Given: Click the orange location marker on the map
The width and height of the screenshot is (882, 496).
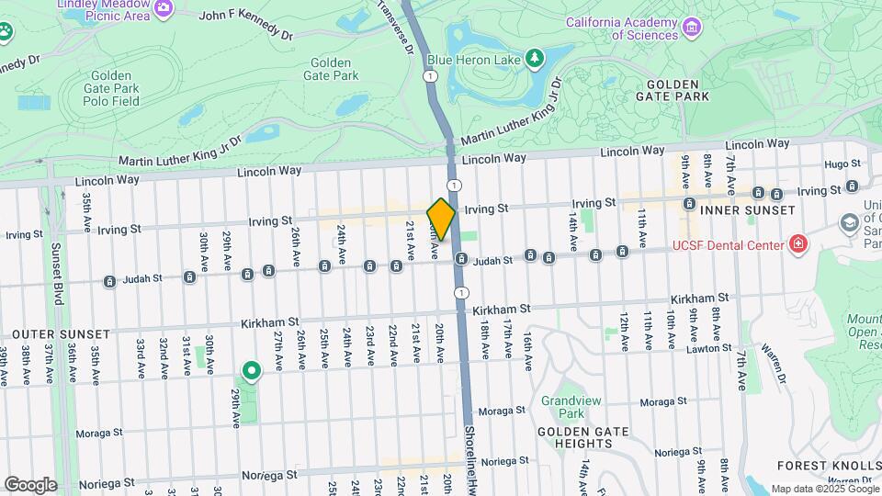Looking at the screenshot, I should coord(441,220).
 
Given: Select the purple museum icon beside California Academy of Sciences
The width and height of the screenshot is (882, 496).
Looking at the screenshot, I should coord(693,35).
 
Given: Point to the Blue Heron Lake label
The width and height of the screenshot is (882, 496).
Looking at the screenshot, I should coord(477,60).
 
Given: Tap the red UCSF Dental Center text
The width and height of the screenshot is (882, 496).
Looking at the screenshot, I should coord(729,244).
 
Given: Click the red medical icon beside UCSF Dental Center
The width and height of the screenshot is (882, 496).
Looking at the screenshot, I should coord(798,244).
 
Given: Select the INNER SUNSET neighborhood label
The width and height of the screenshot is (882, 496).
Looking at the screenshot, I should coord(747,210).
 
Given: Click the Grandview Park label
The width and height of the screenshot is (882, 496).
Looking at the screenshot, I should coord(563,407).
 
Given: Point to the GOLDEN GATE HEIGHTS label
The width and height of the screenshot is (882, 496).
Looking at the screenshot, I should coord(582,438).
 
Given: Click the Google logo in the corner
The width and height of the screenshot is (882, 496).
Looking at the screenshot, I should coord(30,484).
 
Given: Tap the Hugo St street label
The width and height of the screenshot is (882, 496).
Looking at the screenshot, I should coord(840,163).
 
